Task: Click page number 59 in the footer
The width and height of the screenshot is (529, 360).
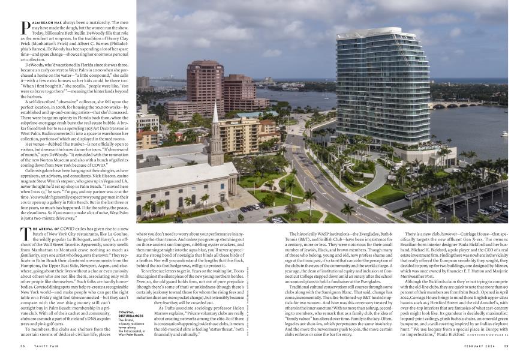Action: pos(506,346)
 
